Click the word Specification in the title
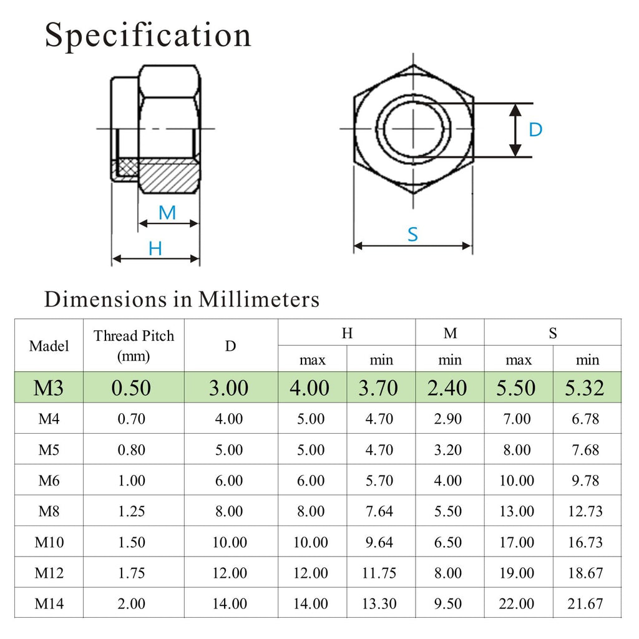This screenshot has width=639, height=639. click(148, 36)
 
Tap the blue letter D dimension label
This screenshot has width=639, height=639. click(535, 130)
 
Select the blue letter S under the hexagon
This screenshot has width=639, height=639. click(413, 235)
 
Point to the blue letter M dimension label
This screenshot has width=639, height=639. click(167, 213)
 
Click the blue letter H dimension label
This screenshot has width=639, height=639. click(155, 248)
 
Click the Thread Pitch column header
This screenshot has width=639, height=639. click(134, 346)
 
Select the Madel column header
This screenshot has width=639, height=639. click(49, 346)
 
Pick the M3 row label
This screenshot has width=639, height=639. click(49, 388)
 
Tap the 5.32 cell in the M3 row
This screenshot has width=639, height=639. click(584, 388)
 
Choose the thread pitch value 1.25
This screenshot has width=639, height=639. click(131, 511)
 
